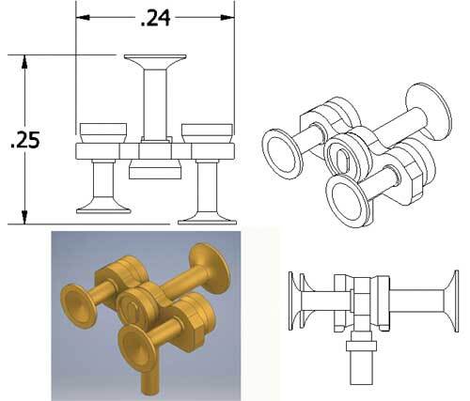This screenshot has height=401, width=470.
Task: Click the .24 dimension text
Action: tap(156, 18)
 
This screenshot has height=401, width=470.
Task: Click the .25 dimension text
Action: tap(25, 140)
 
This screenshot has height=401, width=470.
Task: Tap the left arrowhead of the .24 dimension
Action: tap(83, 17)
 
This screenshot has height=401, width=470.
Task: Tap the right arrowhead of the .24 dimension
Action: tap(227, 17)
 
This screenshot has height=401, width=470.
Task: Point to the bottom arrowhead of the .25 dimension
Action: tap(24, 217)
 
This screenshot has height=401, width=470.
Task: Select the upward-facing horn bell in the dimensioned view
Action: tap(155, 62)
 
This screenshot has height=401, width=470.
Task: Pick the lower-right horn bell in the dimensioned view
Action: tap(207, 217)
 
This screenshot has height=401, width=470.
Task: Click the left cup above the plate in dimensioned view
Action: tap(103, 133)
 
